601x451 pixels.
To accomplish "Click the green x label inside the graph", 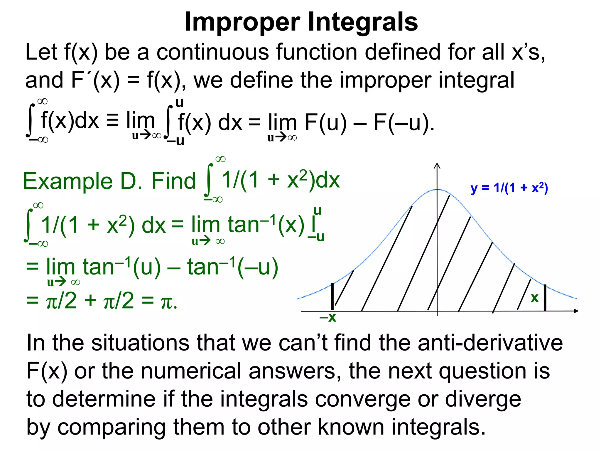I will (x=534, y=298).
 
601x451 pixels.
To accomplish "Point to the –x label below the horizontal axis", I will (x=328, y=317).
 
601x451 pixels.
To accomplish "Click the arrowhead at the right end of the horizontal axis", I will (x=576, y=311).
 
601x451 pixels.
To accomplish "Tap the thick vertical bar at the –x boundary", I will (x=332, y=296).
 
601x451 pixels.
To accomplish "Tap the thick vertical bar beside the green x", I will (x=545, y=297).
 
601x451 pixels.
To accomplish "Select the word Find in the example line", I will (x=173, y=181).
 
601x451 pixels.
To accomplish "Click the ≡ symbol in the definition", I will (x=112, y=121).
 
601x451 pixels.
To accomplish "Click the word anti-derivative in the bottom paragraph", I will (x=490, y=343).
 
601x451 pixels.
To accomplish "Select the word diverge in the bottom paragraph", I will (x=483, y=399).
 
